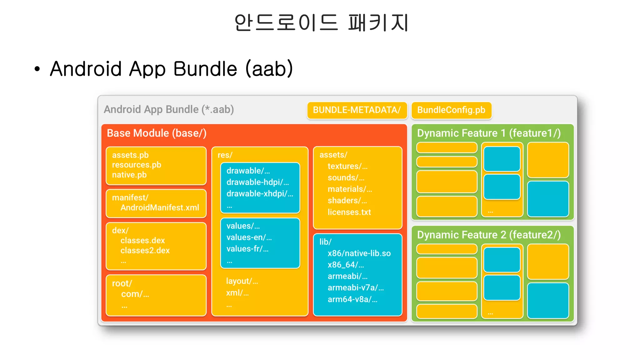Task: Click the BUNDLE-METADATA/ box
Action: (357, 110)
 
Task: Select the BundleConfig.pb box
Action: (451, 110)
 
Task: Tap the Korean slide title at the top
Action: (321, 22)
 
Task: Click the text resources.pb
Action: (137, 165)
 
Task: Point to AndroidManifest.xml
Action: (160, 207)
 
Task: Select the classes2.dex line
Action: (145, 250)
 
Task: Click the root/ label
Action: (122, 283)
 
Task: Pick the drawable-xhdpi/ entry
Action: (259, 194)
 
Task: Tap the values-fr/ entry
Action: (247, 249)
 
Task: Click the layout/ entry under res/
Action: (242, 281)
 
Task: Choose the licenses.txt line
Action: (349, 212)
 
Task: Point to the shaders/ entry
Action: (347, 201)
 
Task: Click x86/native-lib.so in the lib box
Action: (359, 253)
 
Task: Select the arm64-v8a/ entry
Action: (352, 299)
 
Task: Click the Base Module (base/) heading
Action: (157, 133)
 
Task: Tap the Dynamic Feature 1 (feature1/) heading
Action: (489, 133)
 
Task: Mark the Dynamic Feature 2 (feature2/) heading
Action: (489, 235)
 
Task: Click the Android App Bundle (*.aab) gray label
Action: (169, 109)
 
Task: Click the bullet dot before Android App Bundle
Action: (37, 69)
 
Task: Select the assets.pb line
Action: (130, 155)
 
